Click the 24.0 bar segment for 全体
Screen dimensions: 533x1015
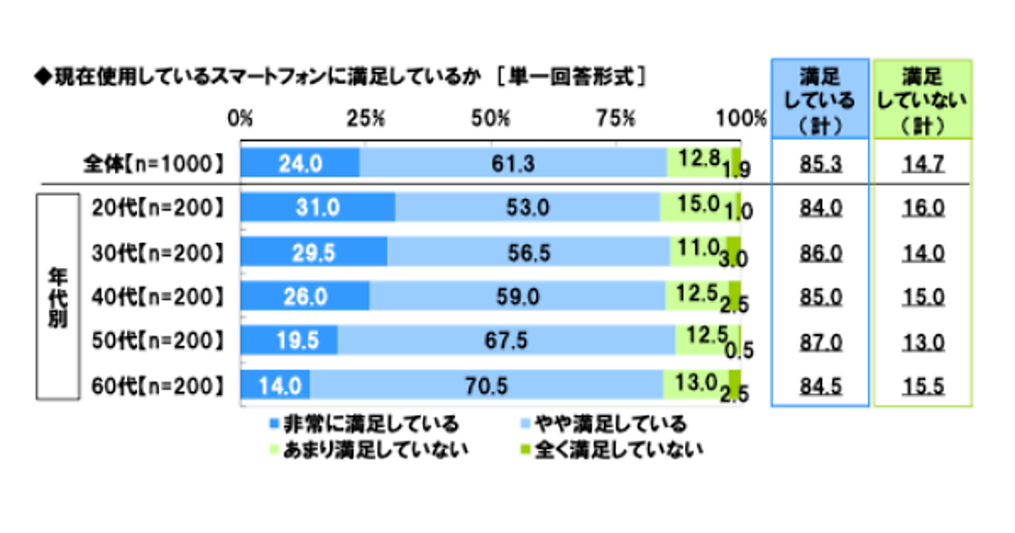pyautogui.click(x=300, y=162)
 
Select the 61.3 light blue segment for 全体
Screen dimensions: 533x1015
pyautogui.click(x=513, y=162)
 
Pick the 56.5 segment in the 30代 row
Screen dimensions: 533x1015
pyautogui.click(x=529, y=251)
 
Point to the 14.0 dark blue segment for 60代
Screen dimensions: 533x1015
pyautogui.click(x=276, y=385)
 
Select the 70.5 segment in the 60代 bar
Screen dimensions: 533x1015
pyautogui.click(x=486, y=385)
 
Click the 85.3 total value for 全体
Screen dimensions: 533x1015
pyautogui.click(x=820, y=163)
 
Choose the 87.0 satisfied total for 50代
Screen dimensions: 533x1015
pyautogui.click(x=820, y=341)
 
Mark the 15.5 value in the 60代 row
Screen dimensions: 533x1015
pyautogui.click(x=922, y=386)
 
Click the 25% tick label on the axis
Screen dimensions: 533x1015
pyautogui.click(x=366, y=118)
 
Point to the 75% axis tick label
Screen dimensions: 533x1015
pyautogui.click(x=616, y=118)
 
